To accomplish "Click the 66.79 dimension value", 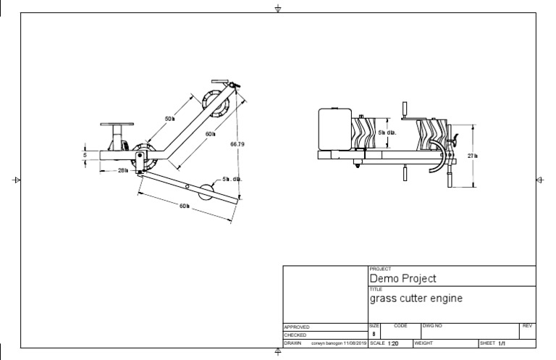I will pos(237,144).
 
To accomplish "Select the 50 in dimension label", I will pos(170,118).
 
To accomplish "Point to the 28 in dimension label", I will pos(122,171).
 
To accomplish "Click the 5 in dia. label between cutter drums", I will pos(387,133).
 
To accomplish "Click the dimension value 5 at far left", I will pos(85,154).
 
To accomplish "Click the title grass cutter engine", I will pos(416,298).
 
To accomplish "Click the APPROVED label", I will pos(297,327).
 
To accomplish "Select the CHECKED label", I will pos(295,335).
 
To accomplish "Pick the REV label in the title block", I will pos(526,327).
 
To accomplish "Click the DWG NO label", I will pos(432,327).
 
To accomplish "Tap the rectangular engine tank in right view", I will pos(335,128).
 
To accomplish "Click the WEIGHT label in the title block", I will pos(423,343).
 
